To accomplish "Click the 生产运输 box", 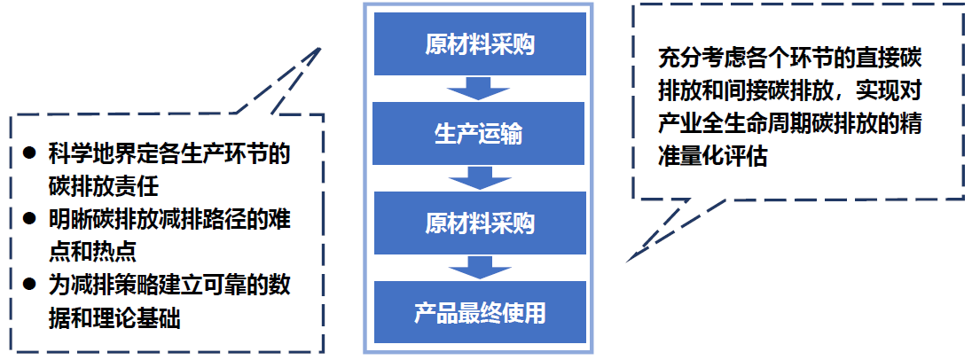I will pyautogui.click(x=480, y=134).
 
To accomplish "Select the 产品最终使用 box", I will pyautogui.click(x=480, y=312).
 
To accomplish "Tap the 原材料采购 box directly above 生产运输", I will pyautogui.click(x=480, y=44).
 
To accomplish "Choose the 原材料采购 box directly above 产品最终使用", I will pyautogui.click(x=480, y=223).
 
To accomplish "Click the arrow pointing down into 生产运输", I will pyautogui.click(x=480, y=89).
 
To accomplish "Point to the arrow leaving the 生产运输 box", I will pyautogui.click(x=480, y=178).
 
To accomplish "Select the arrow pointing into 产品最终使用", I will pyautogui.click(x=480, y=267).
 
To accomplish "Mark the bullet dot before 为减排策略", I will pyautogui.click(x=30, y=284).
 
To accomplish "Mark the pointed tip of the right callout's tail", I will pyautogui.click(x=627, y=261).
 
